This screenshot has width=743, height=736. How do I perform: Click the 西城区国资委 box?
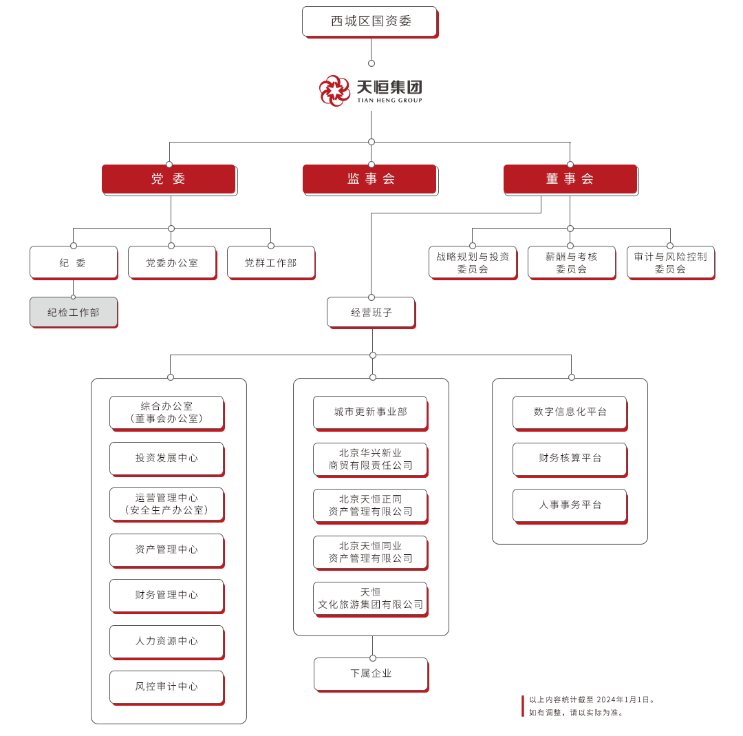tap(370, 21)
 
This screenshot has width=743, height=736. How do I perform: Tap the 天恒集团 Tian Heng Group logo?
tap(370, 90)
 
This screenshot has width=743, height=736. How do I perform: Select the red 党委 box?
tap(169, 179)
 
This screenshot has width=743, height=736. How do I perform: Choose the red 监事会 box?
tap(370, 179)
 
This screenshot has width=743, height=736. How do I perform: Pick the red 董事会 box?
tap(570, 179)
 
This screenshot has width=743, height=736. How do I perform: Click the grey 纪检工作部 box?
tap(74, 313)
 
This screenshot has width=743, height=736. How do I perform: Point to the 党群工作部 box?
tap(270, 262)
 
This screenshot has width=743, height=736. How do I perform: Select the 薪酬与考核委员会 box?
tap(571, 262)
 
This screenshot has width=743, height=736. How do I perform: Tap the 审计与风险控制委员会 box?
tap(670, 262)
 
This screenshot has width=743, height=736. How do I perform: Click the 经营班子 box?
tap(371, 313)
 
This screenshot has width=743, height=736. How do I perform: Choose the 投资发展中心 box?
tap(166, 458)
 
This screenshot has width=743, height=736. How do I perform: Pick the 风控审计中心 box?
tap(166, 686)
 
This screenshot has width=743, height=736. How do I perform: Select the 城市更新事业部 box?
tap(370, 412)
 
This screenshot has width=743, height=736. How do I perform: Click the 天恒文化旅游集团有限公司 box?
tap(370, 598)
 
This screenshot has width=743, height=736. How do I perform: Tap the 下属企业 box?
tap(371, 673)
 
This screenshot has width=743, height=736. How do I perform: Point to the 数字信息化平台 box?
tap(570, 412)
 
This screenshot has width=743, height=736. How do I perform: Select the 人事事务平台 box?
tap(570, 505)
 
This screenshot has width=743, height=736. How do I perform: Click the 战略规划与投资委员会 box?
tap(473, 262)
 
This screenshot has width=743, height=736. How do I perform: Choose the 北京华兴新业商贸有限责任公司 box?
tap(370, 459)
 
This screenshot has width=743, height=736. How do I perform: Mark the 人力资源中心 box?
tap(166, 641)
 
